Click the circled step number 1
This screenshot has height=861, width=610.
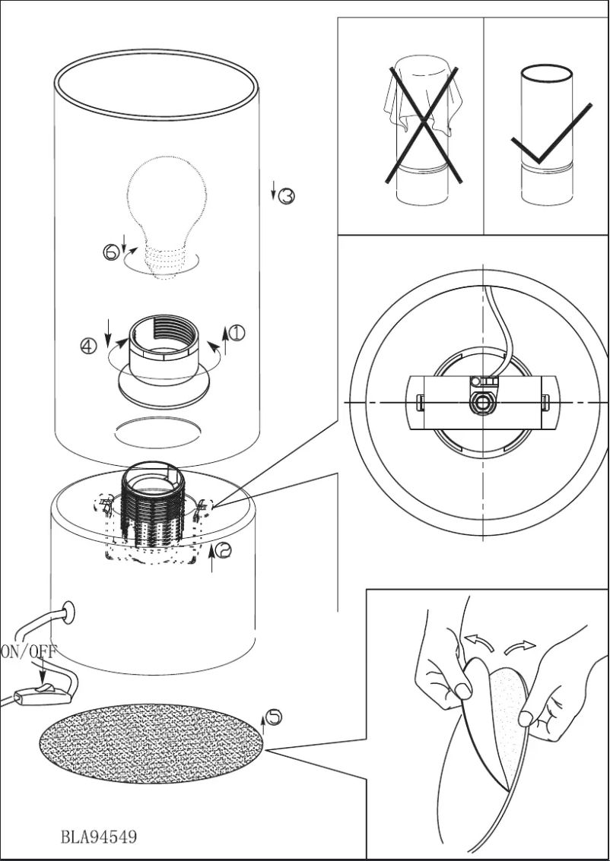[237, 333]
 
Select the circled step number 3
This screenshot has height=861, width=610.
[286, 196]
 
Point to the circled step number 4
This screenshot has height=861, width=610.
[89, 347]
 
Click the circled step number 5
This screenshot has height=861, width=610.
[275, 716]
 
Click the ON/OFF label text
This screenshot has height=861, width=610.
[28, 650]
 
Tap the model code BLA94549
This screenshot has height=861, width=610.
[98, 837]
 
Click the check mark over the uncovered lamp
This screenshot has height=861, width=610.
[550, 137]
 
